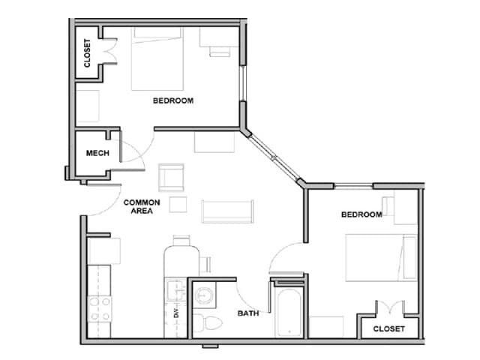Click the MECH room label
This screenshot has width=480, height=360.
tap(97, 153)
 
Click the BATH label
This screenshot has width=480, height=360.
tap(248, 313)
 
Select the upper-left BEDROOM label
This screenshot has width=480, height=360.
tap(173, 100)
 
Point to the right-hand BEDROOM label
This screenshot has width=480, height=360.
tap(361, 214)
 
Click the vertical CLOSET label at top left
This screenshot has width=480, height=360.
tap(88, 53)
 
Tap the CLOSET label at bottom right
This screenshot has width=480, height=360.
tap(388, 328)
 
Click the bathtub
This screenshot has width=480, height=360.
tap(289, 311)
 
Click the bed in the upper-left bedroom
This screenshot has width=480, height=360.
tap(157, 60)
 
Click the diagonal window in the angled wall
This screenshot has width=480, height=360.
tap(274, 156)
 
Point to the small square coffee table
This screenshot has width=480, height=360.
tap(178, 204)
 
